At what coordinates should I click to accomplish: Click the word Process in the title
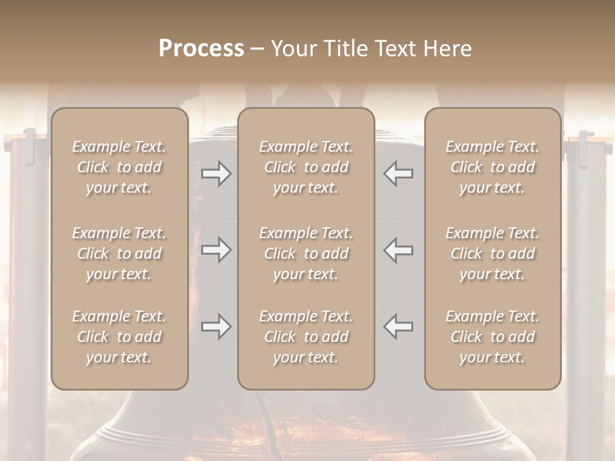201,49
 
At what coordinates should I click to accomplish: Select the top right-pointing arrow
217,174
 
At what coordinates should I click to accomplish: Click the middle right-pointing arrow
217,250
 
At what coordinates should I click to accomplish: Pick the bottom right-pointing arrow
217,327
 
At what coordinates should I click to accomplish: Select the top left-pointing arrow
398,174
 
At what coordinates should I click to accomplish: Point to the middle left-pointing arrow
398,250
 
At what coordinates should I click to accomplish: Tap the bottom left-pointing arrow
398,327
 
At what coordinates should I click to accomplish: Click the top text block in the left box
119,167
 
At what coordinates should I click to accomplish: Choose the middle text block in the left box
119,254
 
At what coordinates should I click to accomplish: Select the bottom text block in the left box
119,337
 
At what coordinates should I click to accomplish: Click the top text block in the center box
306,167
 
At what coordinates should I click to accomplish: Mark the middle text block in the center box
306,254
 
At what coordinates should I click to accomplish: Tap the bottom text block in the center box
306,337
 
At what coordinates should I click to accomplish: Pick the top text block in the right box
492,167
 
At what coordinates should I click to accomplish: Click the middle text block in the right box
492,254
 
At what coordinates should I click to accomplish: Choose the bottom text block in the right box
492,337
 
